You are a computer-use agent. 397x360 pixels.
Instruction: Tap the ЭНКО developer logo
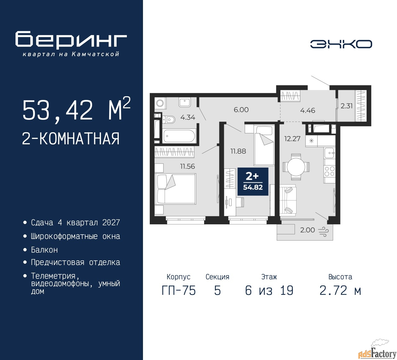341,44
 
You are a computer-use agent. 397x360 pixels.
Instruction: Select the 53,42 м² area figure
76,109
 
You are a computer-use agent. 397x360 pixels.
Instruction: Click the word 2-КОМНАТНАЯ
71,138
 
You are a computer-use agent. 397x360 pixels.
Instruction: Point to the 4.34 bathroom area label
188,117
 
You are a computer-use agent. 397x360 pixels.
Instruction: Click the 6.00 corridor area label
241,110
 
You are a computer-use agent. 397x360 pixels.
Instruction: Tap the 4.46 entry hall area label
307,110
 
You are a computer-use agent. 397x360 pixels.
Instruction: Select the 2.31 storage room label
346,106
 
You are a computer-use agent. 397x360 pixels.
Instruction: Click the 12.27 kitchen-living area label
292,139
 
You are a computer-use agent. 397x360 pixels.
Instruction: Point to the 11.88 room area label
238,151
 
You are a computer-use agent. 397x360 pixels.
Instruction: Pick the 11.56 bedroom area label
187,166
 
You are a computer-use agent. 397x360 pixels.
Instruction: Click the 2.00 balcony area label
307,230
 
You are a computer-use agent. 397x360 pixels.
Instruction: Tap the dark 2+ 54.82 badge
253,182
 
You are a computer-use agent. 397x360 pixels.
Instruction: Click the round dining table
296,167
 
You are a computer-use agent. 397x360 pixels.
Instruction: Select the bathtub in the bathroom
179,136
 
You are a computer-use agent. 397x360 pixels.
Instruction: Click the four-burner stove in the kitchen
329,171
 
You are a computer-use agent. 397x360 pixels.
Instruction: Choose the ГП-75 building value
179,290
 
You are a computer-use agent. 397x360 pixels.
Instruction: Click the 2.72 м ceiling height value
340,290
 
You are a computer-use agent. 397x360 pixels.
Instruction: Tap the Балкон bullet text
44,250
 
